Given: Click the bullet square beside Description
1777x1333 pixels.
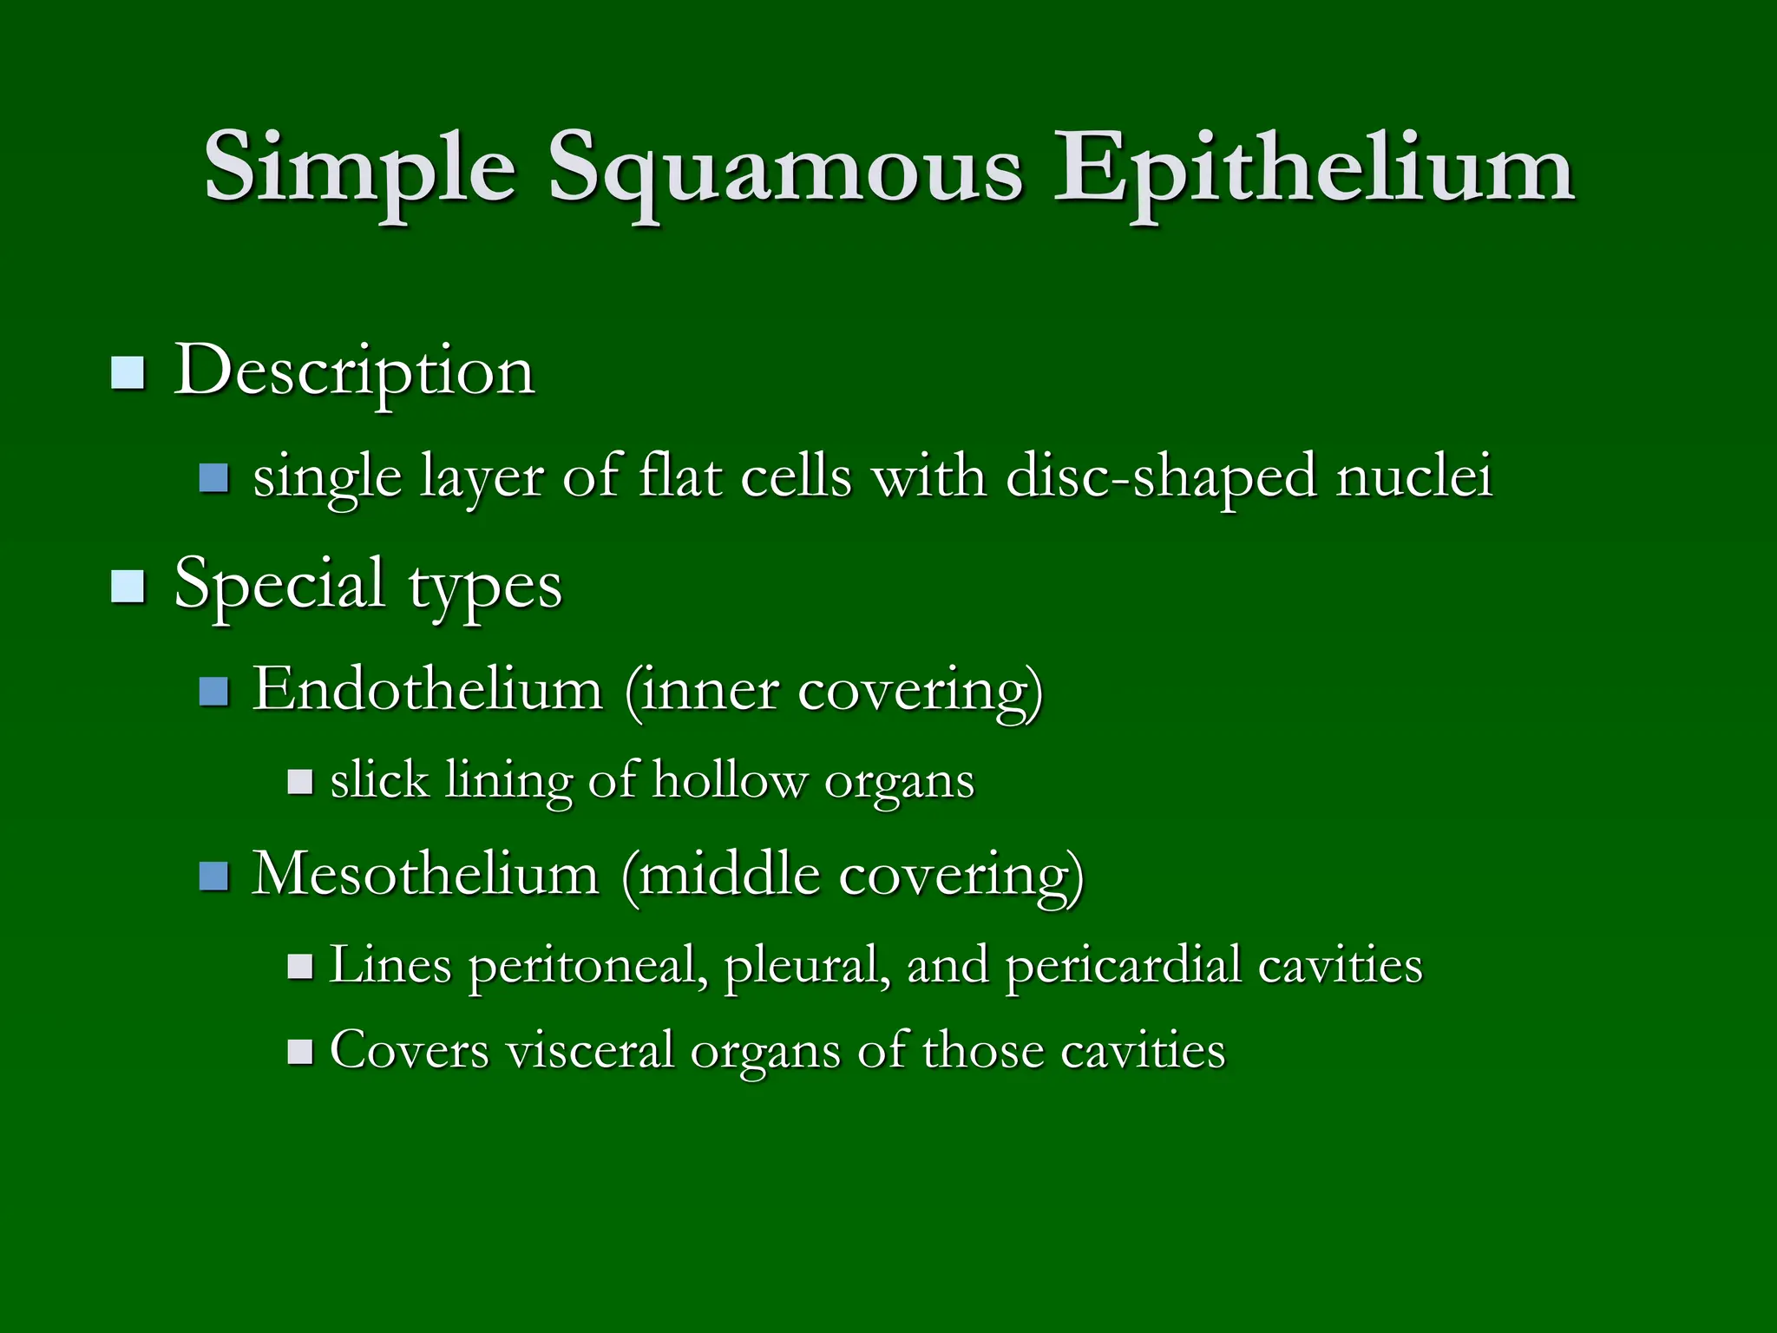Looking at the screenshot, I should pos(128,373).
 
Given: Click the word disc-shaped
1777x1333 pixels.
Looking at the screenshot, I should pos(1160,477).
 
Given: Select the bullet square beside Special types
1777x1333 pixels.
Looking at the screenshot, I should pos(128,587).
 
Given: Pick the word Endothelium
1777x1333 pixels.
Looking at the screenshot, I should pos(427,691).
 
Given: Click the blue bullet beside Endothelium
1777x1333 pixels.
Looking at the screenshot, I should pos(213,692).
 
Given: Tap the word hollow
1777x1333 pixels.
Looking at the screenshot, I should pos(729,780).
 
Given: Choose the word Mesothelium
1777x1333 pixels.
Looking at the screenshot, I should pos(425,875).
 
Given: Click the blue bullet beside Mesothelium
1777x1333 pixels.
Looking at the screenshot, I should pos(213,877).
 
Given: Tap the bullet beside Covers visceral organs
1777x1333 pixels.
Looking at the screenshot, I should pos(300,1053).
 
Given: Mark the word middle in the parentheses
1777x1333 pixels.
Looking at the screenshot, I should pos(729,875).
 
